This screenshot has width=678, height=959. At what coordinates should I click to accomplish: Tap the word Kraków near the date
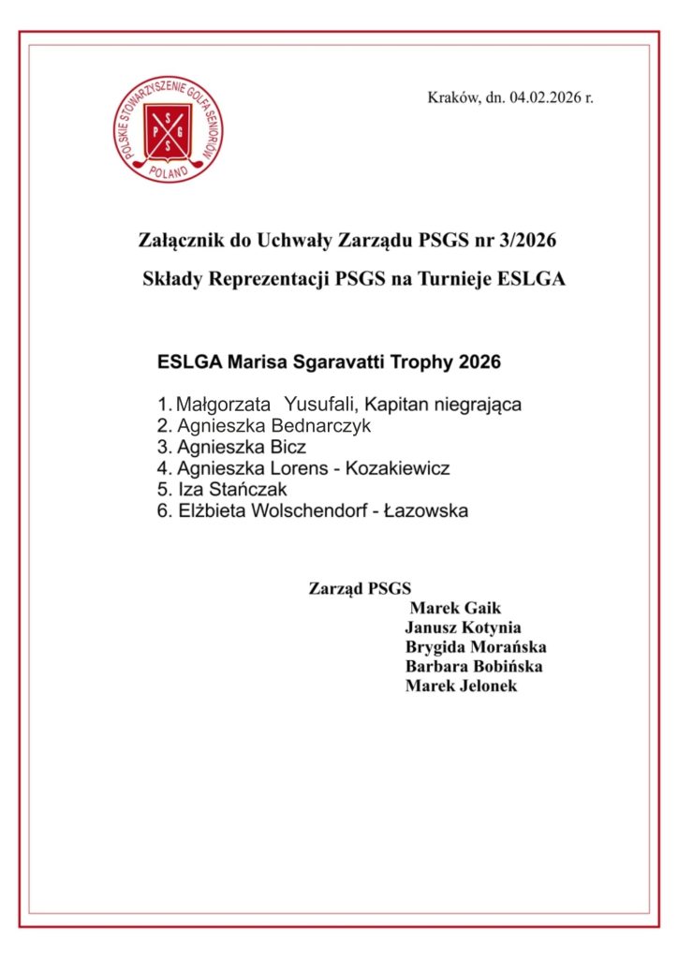coord(453,97)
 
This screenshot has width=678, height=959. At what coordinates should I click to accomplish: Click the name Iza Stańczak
coord(233,490)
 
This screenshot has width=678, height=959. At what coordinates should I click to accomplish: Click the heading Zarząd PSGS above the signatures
coord(360,589)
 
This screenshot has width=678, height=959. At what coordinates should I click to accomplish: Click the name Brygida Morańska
coord(475,647)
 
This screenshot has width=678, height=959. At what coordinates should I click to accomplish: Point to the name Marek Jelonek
coord(461,686)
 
